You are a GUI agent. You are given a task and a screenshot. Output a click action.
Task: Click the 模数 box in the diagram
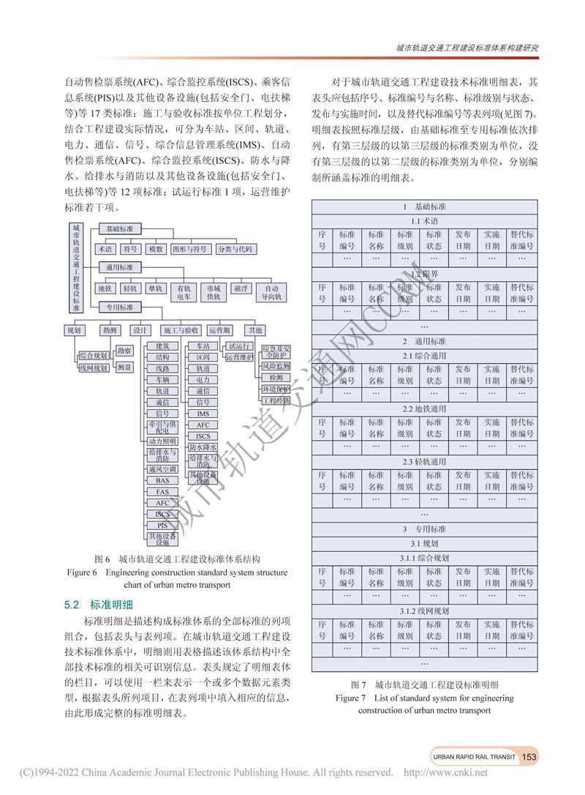coord(156,250)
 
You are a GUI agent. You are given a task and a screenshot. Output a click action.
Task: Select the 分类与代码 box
coord(235,250)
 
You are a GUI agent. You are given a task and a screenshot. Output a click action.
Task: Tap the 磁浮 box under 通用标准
coord(241,288)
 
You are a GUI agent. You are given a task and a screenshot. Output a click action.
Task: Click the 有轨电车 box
coord(184,292)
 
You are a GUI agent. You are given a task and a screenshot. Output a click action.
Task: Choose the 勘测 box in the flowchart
coord(110,330)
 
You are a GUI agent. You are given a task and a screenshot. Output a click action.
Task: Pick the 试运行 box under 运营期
coord(239,346)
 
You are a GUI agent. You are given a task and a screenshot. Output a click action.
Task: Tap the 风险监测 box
coord(275,365)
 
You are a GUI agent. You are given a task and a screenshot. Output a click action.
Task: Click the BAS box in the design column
coord(162,480)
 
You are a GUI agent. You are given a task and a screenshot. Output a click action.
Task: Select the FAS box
coord(162,492)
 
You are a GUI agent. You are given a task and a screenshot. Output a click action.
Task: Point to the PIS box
coord(162,526)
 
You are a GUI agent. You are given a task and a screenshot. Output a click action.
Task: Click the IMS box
coord(203,414)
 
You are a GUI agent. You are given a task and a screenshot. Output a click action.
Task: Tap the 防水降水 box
coord(203,447)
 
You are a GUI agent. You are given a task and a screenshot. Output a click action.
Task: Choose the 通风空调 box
coord(162,469)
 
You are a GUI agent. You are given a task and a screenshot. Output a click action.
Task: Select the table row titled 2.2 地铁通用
coord(424,409)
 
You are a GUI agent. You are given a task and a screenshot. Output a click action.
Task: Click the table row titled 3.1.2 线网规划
coord(424,610)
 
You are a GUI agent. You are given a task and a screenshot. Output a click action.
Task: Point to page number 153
coord(530,756)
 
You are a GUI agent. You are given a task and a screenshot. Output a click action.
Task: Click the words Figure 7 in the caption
coord(349,698)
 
